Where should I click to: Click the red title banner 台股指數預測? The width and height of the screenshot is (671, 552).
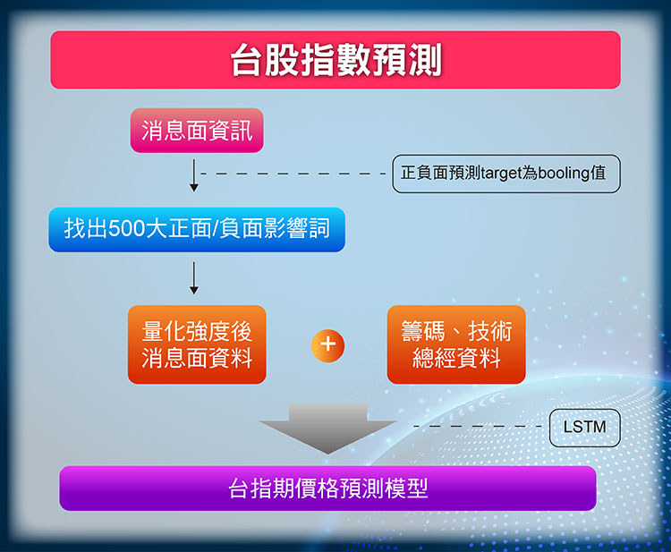tap(335, 60)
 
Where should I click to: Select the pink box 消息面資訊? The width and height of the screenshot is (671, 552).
tap(197, 131)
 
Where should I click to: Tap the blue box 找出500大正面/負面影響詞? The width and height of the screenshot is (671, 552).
tap(197, 230)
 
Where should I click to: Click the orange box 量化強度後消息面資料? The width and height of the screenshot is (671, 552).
tap(197, 344)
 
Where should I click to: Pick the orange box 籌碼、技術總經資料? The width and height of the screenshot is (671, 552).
tap(456, 344)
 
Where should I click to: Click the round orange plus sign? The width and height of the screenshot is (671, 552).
tap(327, 345)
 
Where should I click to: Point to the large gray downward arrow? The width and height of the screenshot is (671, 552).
tap(327, 428)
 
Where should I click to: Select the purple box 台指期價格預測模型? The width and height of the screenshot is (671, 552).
tap(327, 488)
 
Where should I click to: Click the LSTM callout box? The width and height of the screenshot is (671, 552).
tap(584, 428)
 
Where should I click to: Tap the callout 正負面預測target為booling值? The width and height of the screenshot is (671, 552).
tap(506, 174)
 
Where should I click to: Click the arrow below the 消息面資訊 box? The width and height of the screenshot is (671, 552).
tap(194, 175)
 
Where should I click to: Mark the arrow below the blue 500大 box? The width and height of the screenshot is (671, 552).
tap(194, 278)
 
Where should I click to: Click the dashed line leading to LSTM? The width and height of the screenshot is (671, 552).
tap(477, 426)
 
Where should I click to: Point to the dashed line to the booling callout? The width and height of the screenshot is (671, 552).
tap(293, 174)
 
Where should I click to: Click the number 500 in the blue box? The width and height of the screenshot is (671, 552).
tap(127, 228)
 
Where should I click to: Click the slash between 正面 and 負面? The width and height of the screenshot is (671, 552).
tap(217, 228)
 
